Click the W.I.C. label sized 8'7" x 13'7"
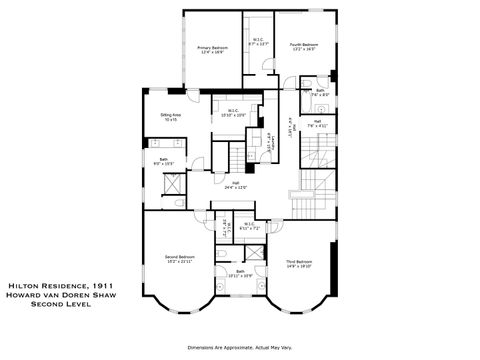258,42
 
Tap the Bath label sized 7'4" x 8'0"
320,93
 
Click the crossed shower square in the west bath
171,183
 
